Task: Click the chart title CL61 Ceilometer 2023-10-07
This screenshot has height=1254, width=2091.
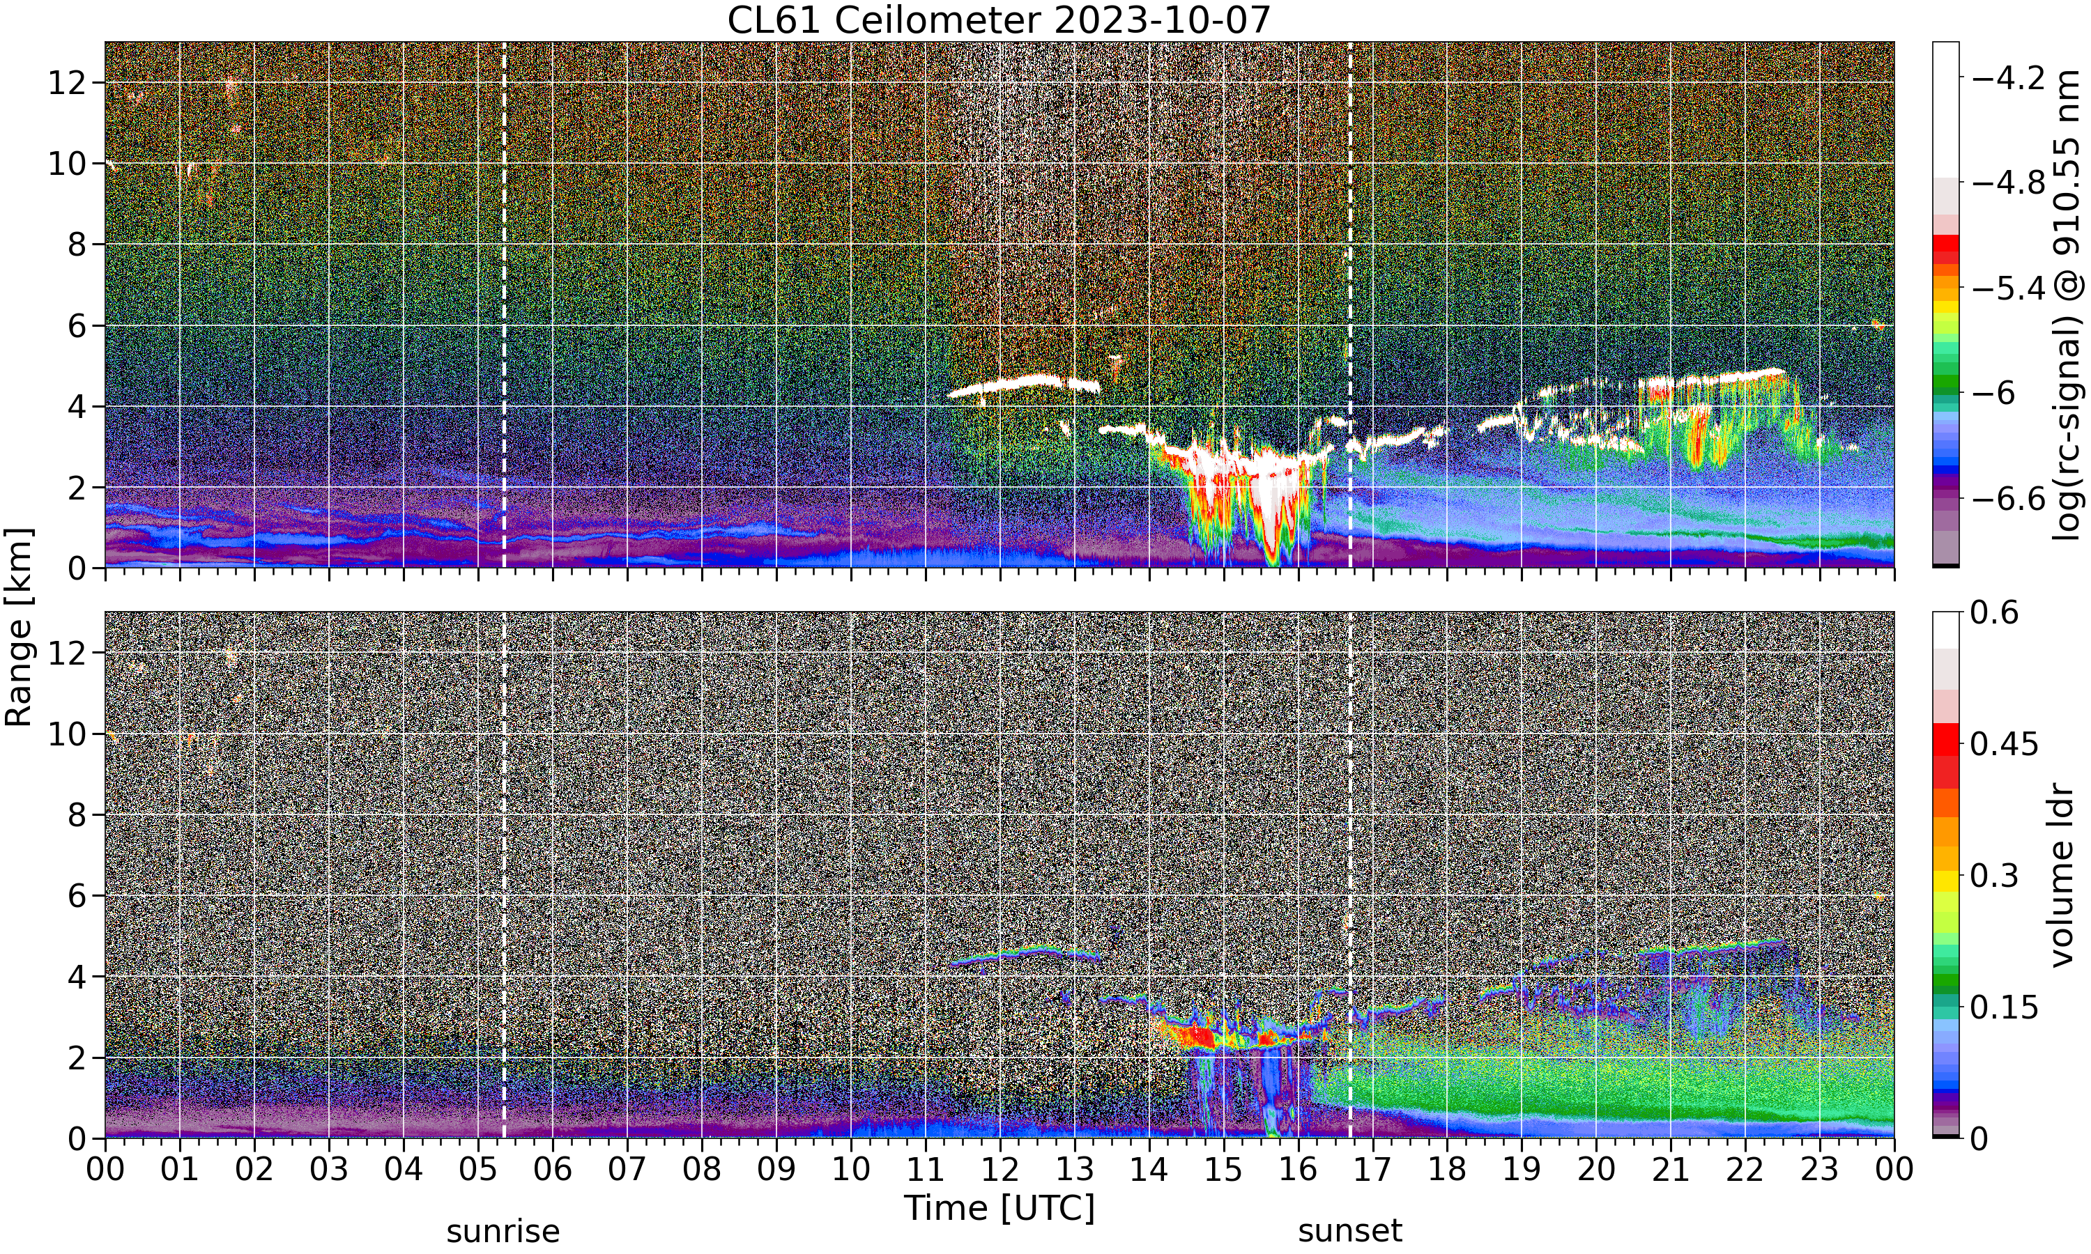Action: [999, 20]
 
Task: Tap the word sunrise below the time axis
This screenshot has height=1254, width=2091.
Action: [503, 1231]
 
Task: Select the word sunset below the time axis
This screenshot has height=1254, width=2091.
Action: [1350, 1231]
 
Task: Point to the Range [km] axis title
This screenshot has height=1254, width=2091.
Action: [19, 627]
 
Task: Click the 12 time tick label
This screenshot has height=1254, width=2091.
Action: [1000, 1170]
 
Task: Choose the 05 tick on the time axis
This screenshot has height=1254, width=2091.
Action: [477, 1170]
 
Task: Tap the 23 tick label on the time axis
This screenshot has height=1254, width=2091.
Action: [1820, 1170]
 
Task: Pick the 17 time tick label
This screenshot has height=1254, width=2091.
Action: [1372, 1170]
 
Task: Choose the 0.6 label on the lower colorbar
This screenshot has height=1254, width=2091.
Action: [1995, 612]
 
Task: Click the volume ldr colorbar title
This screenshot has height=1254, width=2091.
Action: [2062, 876]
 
